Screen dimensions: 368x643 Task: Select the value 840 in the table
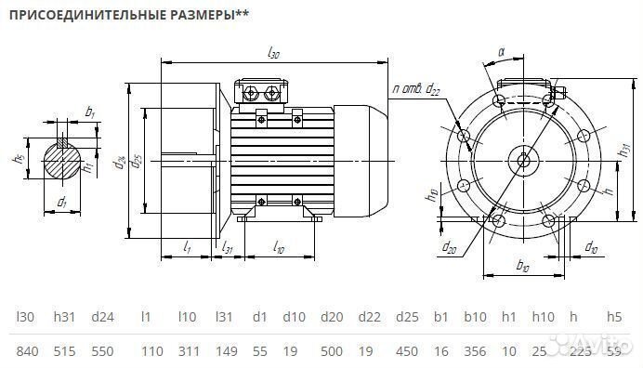(x=28, y=351)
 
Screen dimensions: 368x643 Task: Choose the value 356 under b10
(x=476, y=351)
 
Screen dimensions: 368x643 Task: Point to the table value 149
(x=225, y=351)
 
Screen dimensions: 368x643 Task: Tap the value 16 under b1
(x=440, y=351)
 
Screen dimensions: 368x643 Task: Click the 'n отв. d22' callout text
(x=416, y=89)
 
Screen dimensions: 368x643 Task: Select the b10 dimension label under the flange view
(x=521, y=267)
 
